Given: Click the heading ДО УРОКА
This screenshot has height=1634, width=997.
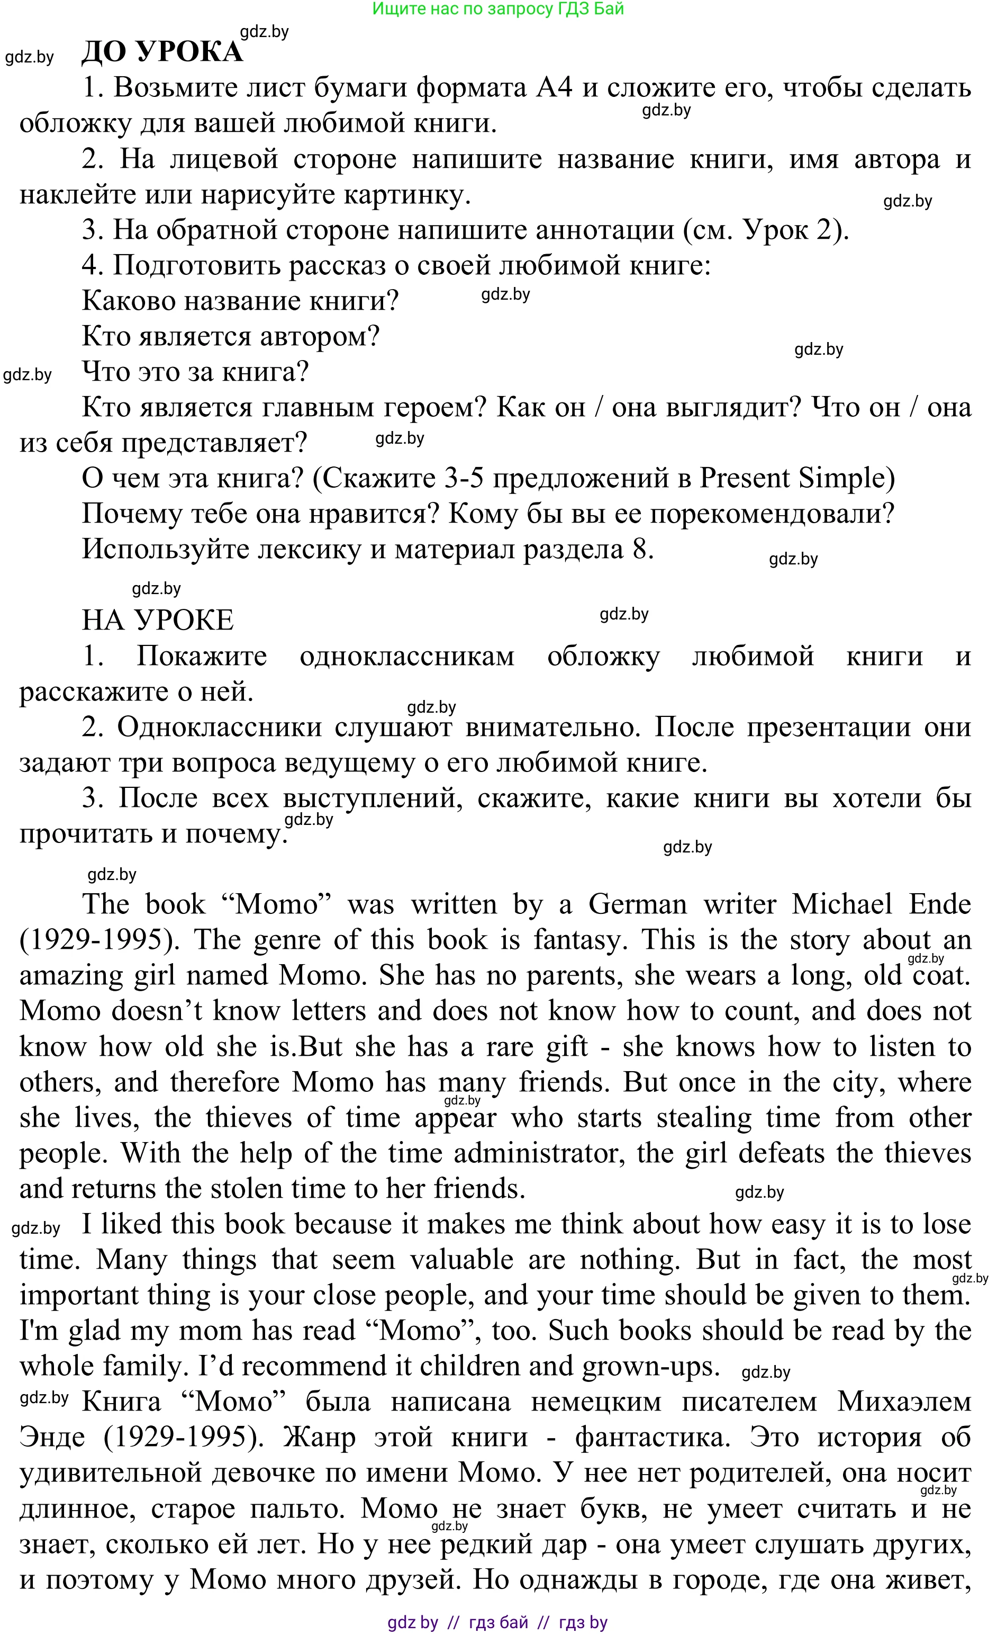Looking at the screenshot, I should (x=162, y=52).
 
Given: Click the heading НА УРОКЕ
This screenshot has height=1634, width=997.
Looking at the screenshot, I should (x=158, y=620).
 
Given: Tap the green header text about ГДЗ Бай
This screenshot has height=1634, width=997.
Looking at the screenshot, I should (x=498, y=8).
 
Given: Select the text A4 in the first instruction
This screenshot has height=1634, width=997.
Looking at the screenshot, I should (x=554, y=87).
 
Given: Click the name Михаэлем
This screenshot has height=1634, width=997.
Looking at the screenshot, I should (x=904, y=1402).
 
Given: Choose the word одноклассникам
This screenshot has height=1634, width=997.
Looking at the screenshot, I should (x=407, y=657).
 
